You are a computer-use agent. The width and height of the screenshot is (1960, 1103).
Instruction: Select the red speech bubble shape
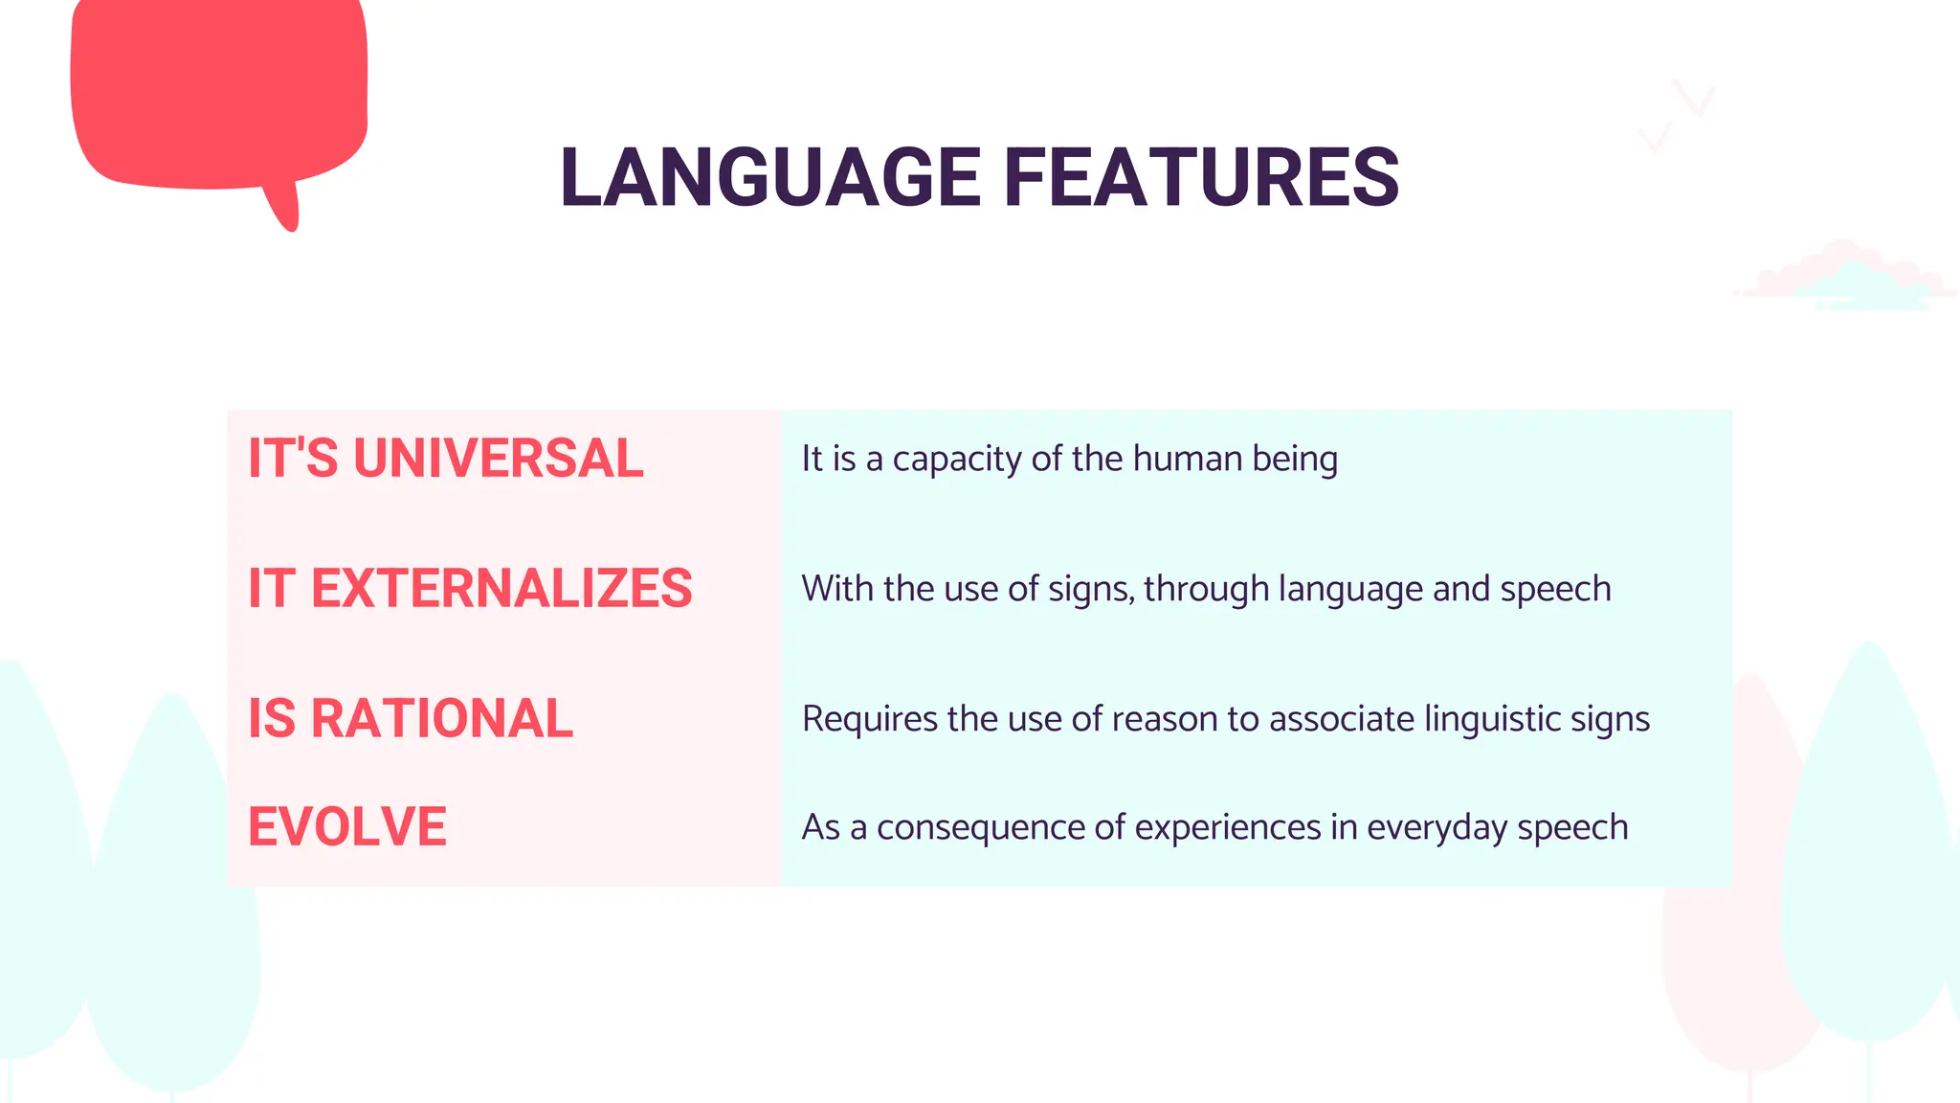[x=218, y=91]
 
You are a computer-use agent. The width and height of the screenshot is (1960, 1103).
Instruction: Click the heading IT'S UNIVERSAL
[x=445, y=458]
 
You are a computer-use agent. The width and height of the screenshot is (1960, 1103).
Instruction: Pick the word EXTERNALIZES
[x=501, y=588]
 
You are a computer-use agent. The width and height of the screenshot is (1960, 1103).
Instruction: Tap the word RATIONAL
[x=441, y=718]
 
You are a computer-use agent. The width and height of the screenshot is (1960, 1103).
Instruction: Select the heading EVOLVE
[x=347, y=826]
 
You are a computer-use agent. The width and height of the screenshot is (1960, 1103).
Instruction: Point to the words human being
[x=1236, y=460]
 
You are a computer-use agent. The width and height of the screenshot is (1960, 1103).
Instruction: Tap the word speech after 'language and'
[x=1555, y=590]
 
